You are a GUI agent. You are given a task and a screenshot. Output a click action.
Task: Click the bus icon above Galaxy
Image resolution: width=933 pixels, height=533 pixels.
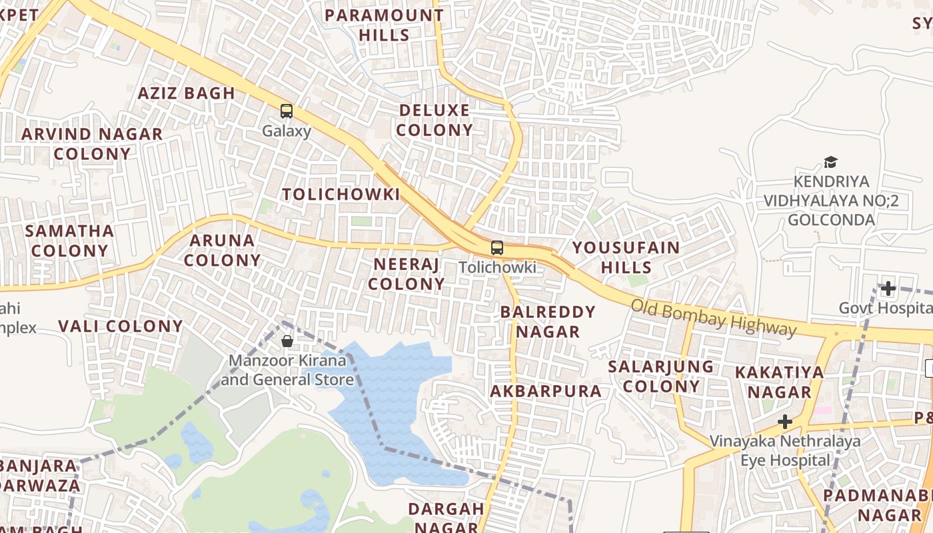click(287, 111)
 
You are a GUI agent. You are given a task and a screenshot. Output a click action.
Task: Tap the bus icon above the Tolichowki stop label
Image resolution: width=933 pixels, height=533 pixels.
click(497, 248)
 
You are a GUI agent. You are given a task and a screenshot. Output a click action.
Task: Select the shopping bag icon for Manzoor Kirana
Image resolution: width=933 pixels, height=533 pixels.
click(287, 341)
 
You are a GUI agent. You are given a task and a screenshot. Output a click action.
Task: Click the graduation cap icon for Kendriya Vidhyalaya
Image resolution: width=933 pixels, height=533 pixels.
click(830, 162)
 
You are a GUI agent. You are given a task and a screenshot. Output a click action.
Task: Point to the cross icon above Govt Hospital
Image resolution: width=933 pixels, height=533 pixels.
click(888, 288)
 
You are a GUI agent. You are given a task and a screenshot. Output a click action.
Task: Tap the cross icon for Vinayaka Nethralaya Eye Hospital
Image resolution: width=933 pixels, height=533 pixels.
click(785, 422)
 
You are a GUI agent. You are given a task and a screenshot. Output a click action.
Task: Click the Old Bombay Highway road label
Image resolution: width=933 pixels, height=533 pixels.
click(713, 318)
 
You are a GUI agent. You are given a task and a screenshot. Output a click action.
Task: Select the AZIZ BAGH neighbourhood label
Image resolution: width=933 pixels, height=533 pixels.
click(187, 93)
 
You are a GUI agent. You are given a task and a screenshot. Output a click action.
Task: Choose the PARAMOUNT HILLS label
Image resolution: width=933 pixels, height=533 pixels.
click(384, 25)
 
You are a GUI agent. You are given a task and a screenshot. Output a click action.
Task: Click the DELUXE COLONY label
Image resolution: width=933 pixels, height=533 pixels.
click(435, 120)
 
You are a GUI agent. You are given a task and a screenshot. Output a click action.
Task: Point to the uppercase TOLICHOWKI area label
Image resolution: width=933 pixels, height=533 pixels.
click(341, 195)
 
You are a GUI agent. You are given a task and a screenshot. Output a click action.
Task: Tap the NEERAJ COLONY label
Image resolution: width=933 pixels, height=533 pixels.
click(407, 274)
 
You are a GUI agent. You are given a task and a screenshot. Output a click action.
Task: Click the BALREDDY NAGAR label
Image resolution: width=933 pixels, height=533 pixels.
click(548, 321)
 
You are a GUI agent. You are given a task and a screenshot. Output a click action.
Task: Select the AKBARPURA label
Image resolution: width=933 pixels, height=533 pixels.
click(546, 391)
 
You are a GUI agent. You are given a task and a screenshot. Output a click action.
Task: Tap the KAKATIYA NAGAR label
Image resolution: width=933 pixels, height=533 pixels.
click(779, 382)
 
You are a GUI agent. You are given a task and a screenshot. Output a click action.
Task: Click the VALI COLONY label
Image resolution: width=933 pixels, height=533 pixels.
click(121, 326)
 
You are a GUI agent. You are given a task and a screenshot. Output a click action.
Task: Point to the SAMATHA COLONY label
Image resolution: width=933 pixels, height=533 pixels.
click(69, 241)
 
